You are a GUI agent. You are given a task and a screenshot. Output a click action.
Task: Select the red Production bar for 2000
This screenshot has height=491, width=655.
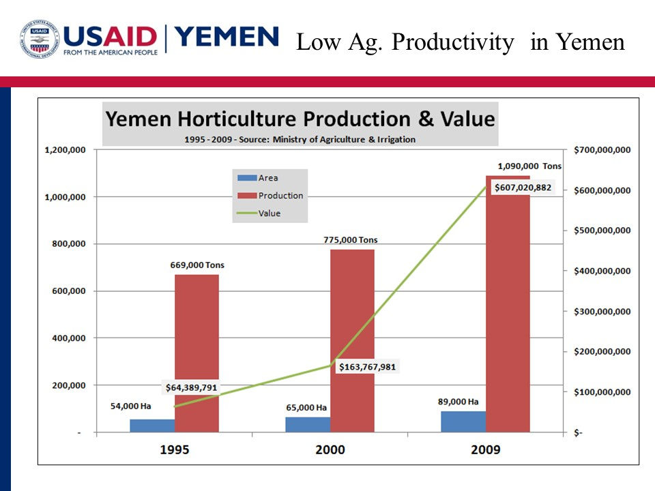point(352,341)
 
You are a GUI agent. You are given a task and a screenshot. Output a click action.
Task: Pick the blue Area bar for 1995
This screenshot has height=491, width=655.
point(152,426)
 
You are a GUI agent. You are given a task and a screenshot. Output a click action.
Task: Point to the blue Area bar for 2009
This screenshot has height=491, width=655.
point(463,421)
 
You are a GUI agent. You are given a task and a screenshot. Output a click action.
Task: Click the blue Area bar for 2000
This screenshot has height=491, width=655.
point(308,424)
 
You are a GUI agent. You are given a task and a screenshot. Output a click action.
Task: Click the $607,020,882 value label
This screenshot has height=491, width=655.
point(523,187)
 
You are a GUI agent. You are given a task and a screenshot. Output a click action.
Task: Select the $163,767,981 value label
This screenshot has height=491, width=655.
point(367,366)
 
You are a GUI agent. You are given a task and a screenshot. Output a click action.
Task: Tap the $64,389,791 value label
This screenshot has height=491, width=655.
point(192,387)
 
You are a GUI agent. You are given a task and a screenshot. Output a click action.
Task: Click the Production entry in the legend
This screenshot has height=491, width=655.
point(280,195)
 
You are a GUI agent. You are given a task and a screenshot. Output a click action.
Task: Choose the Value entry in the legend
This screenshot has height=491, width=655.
point(269,213)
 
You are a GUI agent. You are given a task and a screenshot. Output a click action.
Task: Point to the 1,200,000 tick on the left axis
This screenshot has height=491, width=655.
point(65,150)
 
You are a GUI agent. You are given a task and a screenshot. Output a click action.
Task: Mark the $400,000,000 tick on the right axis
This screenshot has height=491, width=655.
point(602,271)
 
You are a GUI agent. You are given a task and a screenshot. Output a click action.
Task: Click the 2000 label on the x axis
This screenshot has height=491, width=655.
point(330,449)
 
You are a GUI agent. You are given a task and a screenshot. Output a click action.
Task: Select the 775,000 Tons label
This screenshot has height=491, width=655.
point(350,240)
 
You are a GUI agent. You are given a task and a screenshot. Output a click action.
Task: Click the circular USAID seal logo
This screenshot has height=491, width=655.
point(40,38)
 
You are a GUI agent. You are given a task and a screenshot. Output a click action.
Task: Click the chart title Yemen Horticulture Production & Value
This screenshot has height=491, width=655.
point(300,119)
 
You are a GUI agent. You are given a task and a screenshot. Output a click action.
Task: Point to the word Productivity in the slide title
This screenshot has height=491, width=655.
point(453,43)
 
